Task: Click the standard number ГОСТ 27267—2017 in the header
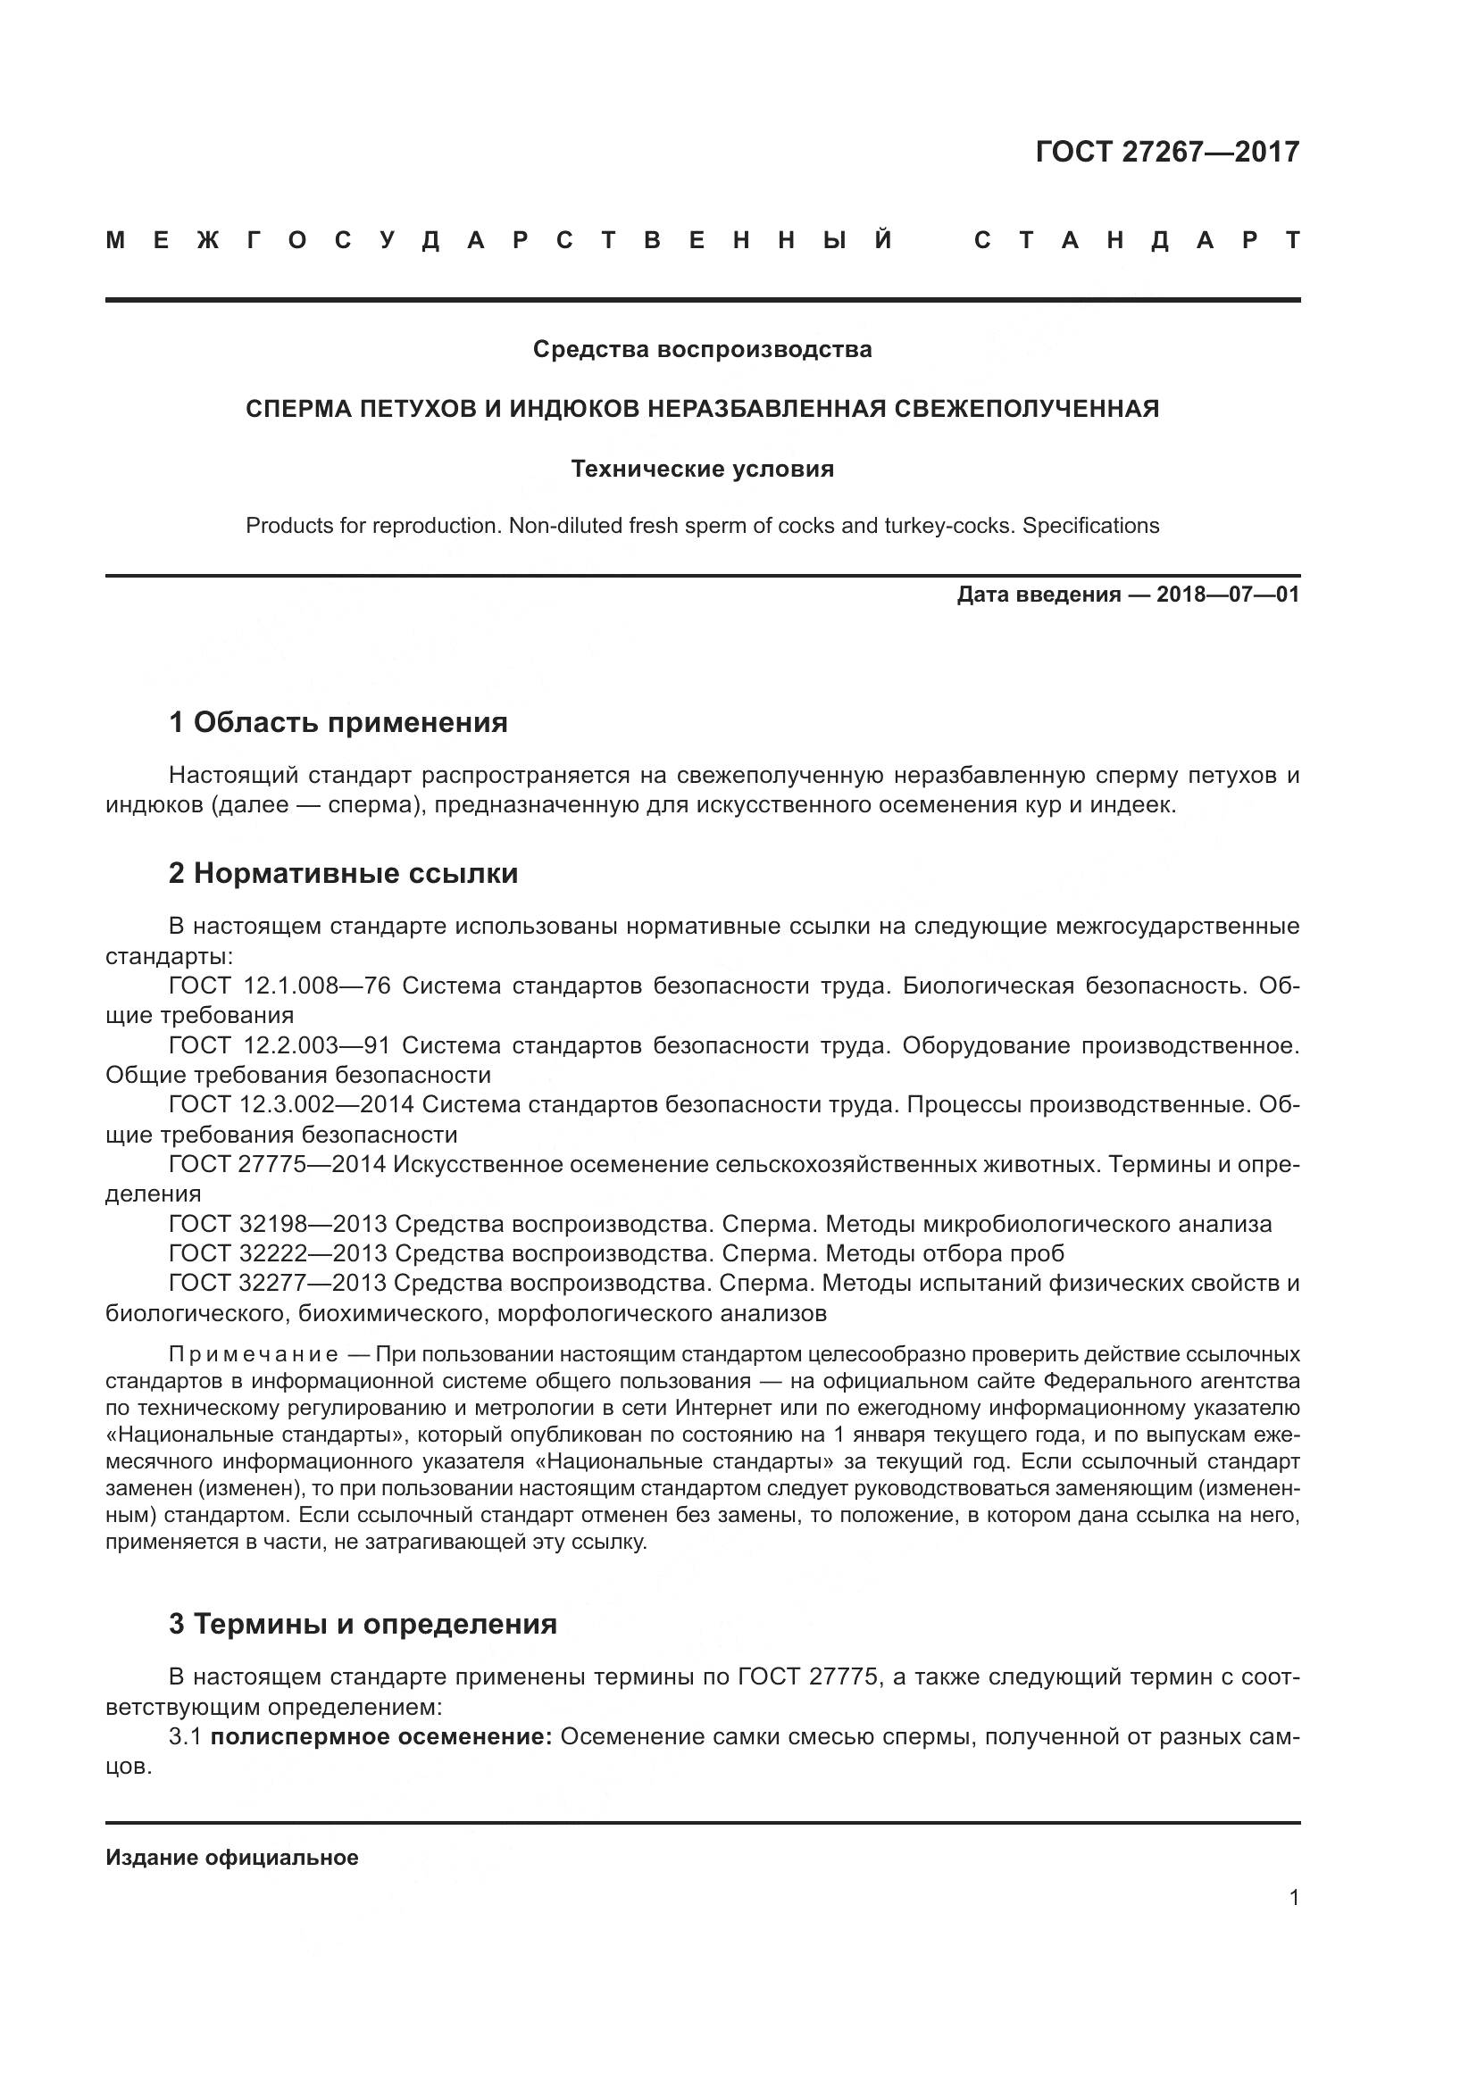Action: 1167,152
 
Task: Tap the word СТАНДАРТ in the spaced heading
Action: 1137,241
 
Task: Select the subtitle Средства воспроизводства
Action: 702,349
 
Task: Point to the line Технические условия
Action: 702,470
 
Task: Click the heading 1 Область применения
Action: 338,723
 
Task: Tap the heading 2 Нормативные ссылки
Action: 343,873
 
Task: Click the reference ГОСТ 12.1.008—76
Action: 280,986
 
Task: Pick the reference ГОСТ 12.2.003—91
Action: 280,1046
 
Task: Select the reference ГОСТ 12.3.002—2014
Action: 291,1105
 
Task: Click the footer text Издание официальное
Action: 232,1858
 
